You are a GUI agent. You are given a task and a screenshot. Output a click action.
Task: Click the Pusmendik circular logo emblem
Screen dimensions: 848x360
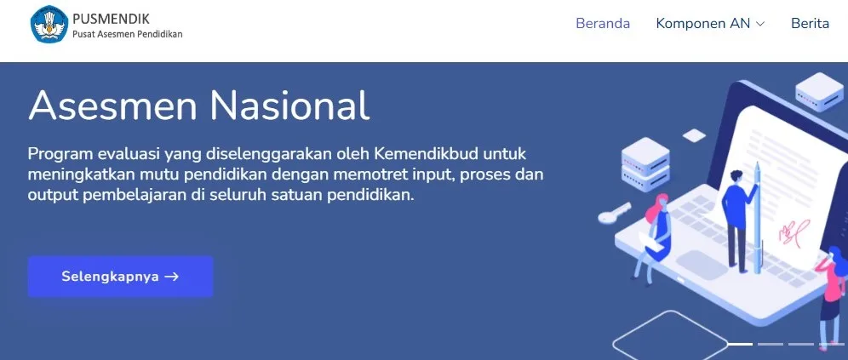click(49, 25)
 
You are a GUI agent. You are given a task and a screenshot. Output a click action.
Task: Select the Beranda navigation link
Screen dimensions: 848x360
click(603, 23)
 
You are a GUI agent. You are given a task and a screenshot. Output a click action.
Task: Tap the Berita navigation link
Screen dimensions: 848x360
click(810, 23)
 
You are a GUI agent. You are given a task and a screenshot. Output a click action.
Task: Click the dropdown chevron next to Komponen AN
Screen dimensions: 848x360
click(759, 24)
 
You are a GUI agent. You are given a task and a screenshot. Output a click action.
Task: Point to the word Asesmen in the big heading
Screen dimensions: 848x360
click(112, 105)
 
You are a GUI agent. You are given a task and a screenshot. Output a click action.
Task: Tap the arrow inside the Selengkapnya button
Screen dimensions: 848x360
click(171, 277)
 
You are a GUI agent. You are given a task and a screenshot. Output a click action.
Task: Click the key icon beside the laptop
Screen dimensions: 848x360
click(615, 213)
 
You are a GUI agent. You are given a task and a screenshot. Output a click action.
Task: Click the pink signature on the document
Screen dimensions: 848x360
click(794, 231)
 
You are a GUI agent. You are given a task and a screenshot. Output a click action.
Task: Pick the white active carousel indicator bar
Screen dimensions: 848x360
click(739, 344)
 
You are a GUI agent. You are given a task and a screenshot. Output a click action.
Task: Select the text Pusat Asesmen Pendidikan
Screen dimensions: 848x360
click(128, 34)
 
